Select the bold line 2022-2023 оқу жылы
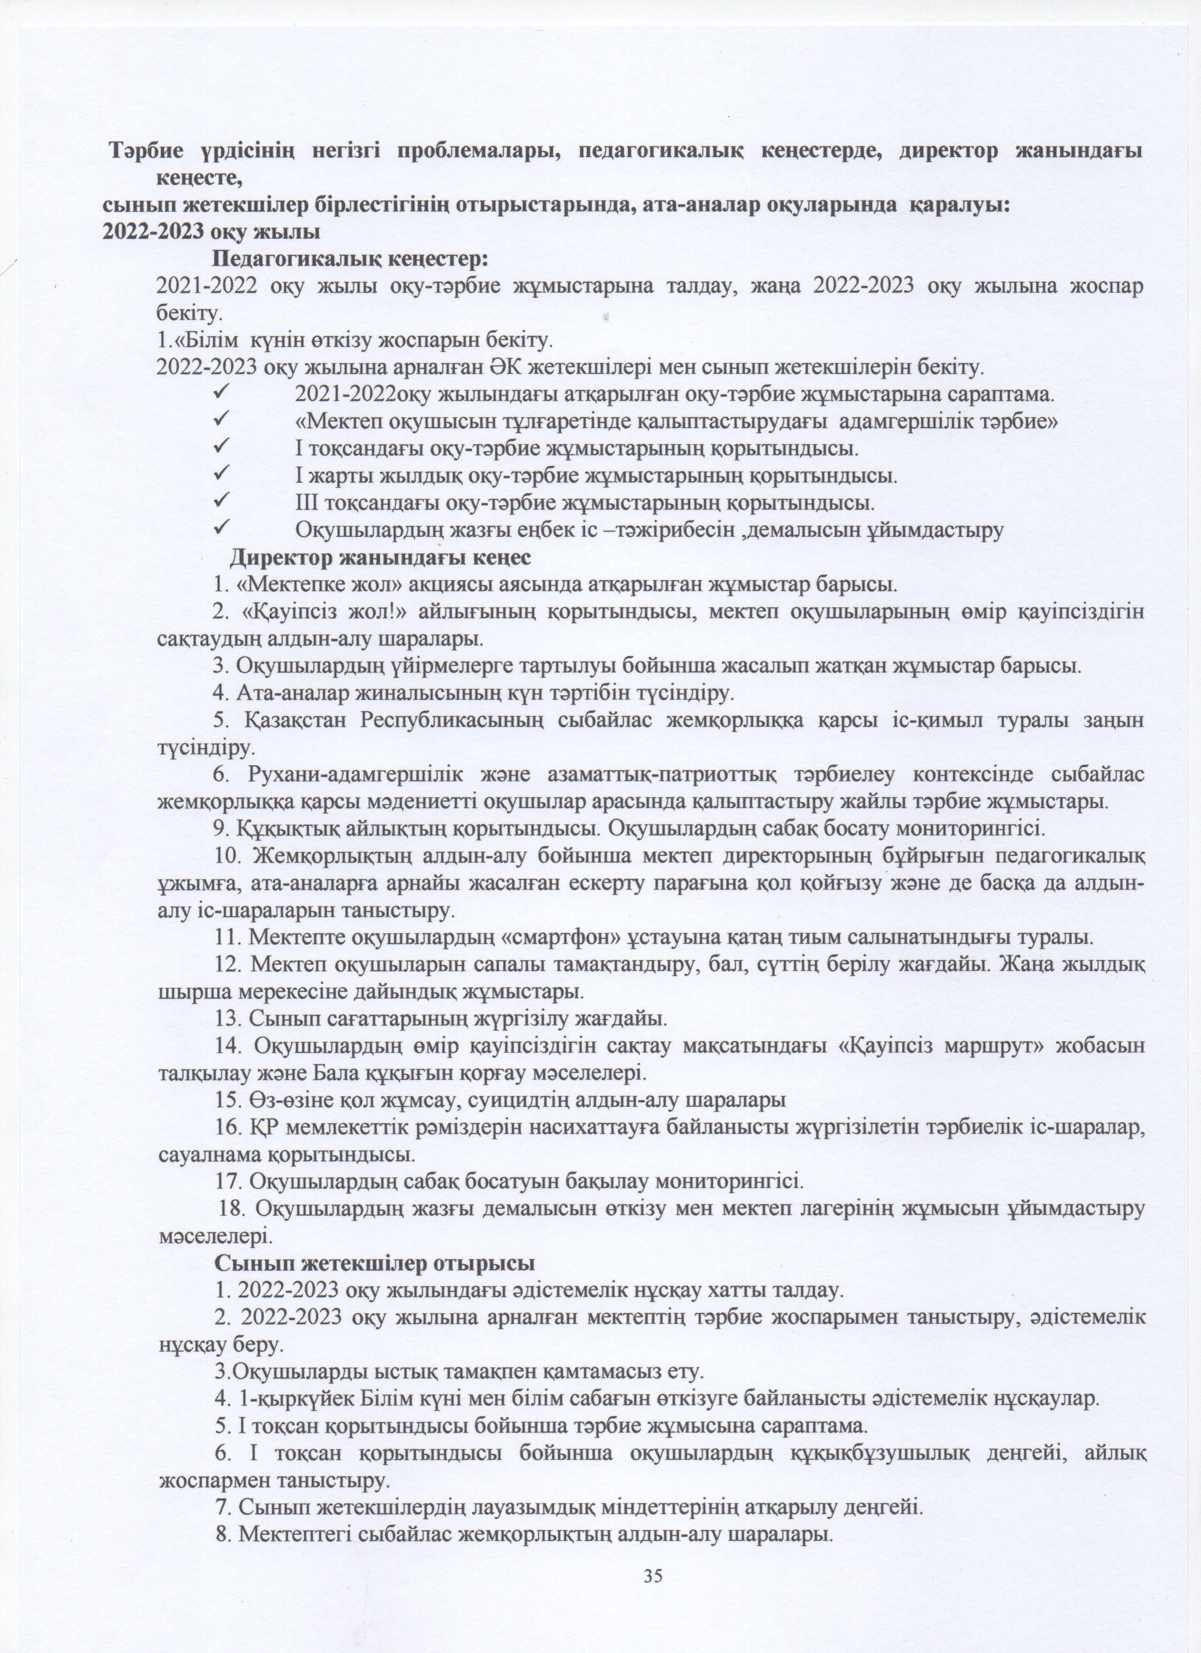211,233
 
